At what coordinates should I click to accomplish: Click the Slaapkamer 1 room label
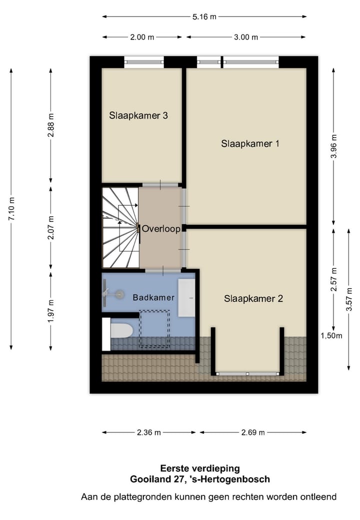coord(249,144)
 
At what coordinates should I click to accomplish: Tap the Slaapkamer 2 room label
coord(253,299)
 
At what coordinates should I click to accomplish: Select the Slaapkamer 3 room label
coord(138,116)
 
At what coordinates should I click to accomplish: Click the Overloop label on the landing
coord(160,229)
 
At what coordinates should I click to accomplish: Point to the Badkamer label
coord(153,297)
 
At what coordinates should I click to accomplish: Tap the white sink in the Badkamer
coord(186,298)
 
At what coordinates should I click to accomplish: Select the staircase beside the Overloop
coord(120,228)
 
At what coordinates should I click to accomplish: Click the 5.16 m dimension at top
coord(204,17)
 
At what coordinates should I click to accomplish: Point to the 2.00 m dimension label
coord(142,37)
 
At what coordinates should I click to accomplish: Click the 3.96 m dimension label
coord(334,146)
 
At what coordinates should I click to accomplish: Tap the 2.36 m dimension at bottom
coord(148,432)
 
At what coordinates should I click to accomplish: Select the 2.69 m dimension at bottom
coord(252,432)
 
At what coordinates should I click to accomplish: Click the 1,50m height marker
coord(331,336)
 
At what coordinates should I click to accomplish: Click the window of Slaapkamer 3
coord(144,62)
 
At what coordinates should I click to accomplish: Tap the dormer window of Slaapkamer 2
coord(247,373)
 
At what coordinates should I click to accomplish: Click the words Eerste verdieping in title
coord(199,468)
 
